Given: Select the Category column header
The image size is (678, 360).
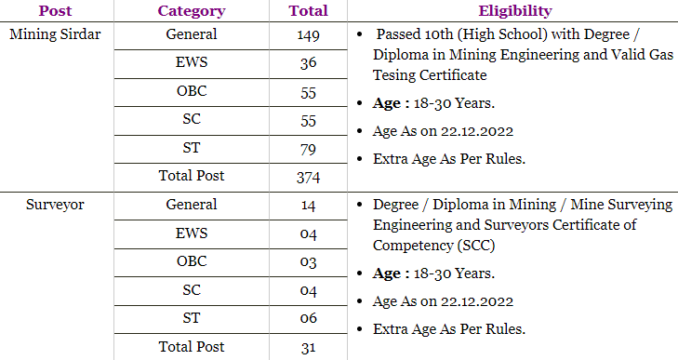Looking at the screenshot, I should (192, 11).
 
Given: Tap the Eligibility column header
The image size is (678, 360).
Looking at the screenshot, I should (514, 11).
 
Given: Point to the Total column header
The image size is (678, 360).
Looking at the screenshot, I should (309, 11).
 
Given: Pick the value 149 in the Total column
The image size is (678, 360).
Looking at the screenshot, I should (309, 35).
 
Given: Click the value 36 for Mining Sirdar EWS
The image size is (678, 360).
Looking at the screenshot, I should (309, 63).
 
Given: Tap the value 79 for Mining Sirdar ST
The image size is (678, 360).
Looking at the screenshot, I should (309, 149).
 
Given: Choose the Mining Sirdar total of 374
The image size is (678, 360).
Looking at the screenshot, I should (309, 177).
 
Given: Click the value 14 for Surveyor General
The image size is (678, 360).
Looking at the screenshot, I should (309, 206).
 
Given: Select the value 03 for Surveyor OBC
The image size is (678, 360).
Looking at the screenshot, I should (309, 262).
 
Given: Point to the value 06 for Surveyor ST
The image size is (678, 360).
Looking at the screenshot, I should (309, 319).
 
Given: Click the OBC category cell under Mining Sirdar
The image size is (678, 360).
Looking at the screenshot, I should (192, 91).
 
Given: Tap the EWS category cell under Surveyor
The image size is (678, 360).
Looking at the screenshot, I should (192, 233).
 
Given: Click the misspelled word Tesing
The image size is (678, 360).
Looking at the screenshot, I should (392, 74).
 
